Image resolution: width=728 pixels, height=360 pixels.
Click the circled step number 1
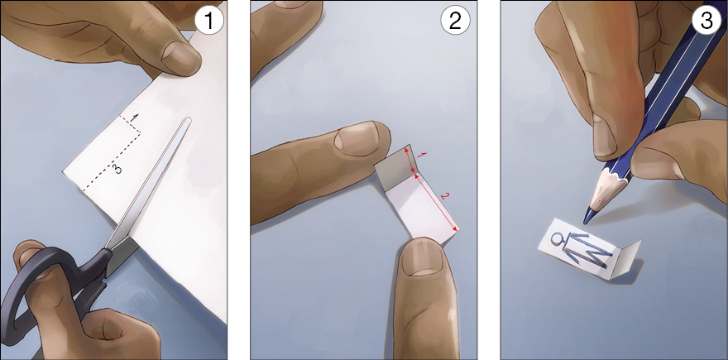point(208,22)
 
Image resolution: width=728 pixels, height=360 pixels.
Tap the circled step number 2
point(455,22)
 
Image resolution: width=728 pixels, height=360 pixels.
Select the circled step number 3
point(706,22)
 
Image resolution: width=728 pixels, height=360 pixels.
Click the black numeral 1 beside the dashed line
point(134,118)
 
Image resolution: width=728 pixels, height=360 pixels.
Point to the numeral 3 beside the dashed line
point(118,169)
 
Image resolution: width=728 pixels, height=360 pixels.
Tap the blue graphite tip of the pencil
point(588,217)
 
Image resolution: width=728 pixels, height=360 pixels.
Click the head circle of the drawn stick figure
point(556,239)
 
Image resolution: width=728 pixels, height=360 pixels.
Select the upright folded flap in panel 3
point(625,259)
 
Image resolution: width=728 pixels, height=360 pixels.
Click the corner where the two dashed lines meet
point(141,135)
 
